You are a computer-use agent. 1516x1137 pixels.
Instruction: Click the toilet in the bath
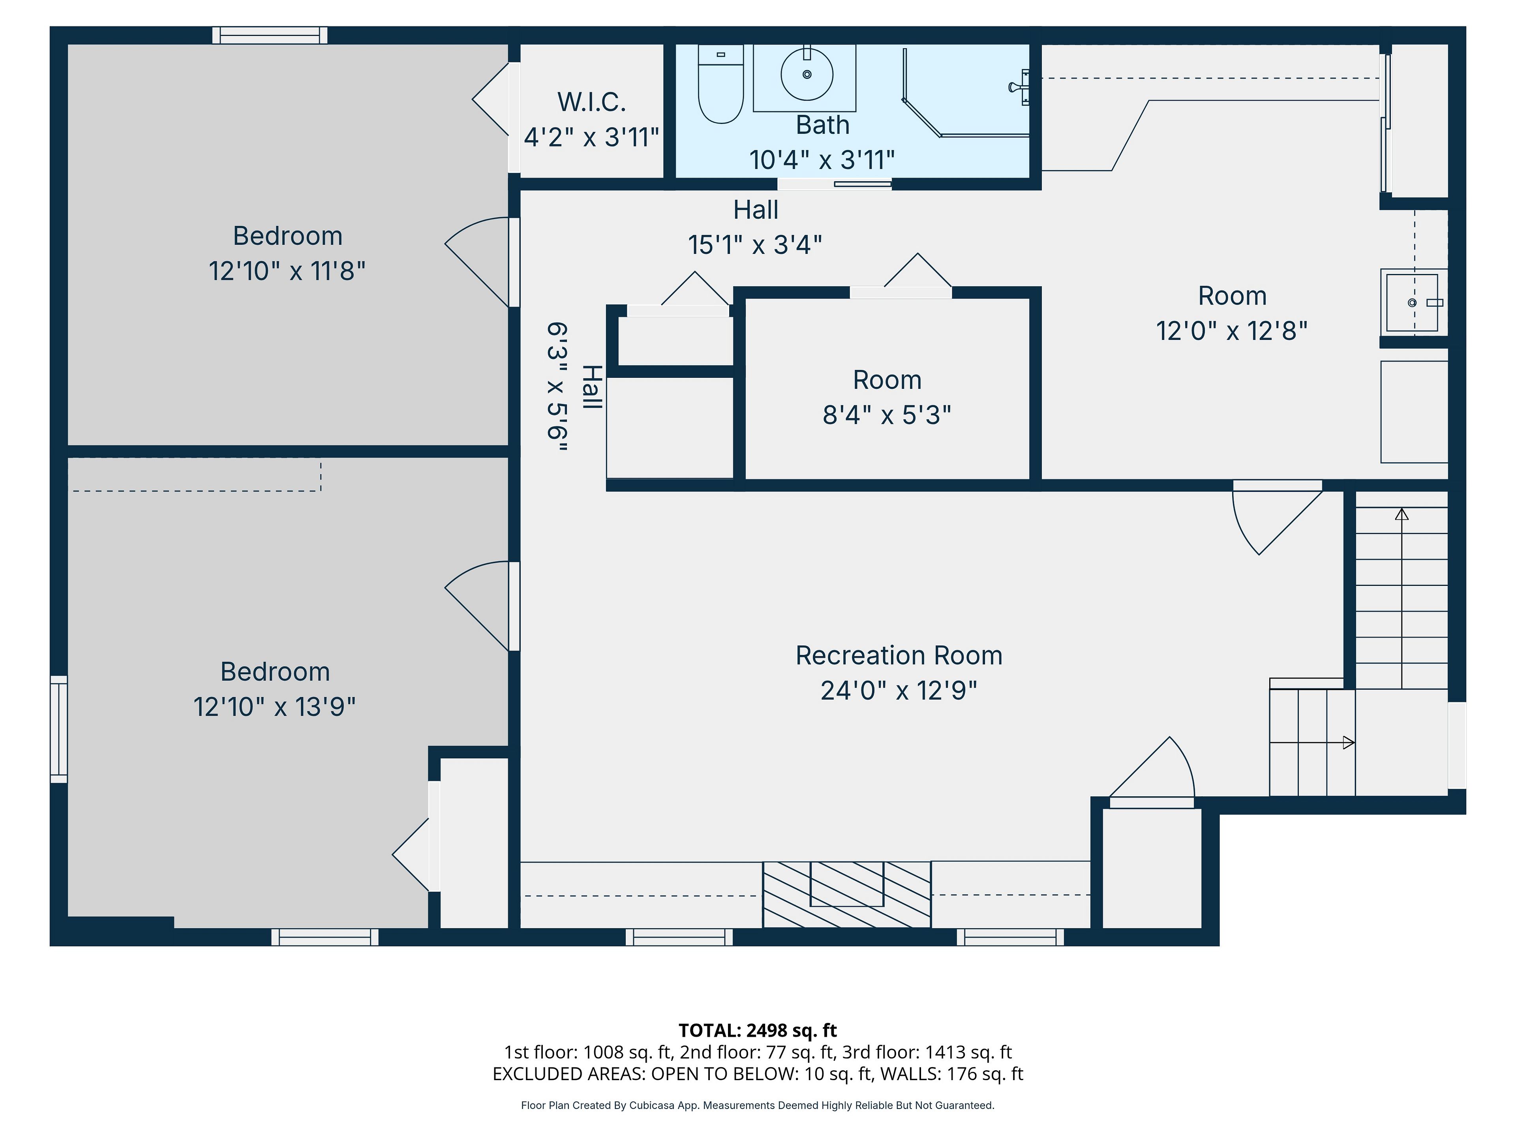tap(720, 84)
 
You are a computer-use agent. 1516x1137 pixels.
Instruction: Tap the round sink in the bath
tap(807, 74)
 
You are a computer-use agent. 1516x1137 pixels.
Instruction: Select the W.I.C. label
tap(591, 102)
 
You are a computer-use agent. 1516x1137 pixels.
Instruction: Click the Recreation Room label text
tap(899, 655)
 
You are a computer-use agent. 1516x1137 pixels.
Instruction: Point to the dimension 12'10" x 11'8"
tap(287, 271)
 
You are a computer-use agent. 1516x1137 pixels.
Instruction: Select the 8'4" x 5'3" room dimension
tap(887, 415)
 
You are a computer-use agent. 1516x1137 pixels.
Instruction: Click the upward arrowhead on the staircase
tap(1402, 514)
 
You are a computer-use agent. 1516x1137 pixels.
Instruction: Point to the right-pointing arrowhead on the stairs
tap(1348, 742)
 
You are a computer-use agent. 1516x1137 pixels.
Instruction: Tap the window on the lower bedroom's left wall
tap(59, 729)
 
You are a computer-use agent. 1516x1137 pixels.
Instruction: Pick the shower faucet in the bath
tap(1019, 87)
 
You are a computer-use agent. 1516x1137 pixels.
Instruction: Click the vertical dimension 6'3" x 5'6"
tap(557, 387)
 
